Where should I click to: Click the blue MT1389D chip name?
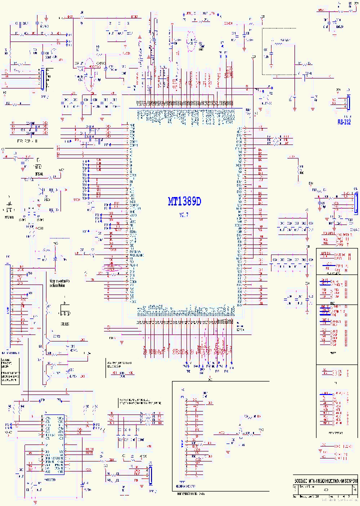point(184,201)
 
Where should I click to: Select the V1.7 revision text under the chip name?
point(184,214)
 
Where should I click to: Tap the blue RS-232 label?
point(344,121)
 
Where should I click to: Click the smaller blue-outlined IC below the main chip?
point(53,444)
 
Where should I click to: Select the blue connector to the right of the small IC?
point(149,474)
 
